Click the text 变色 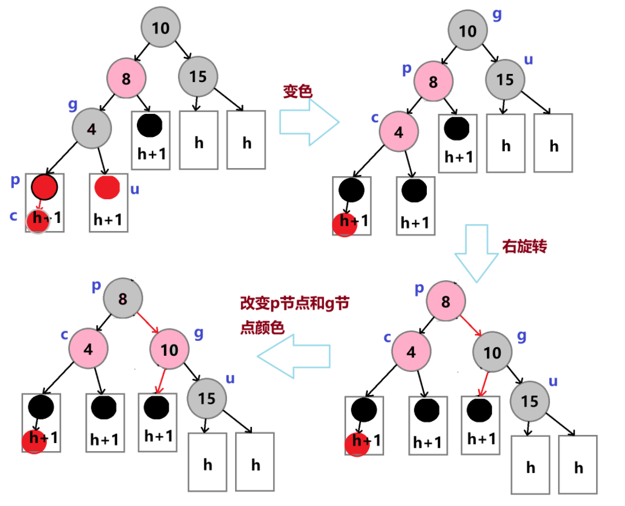click(297, 91)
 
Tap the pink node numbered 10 click(169, 349)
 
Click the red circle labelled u click(107, 188)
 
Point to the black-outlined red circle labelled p click(44, 186)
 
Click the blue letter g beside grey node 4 click(73, 104)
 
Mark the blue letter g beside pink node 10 click(199, 333)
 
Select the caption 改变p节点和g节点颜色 click(293, 315)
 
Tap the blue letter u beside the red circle click(135, 189)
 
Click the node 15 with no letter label click(198, 76)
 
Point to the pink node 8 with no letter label click(126, 76)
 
